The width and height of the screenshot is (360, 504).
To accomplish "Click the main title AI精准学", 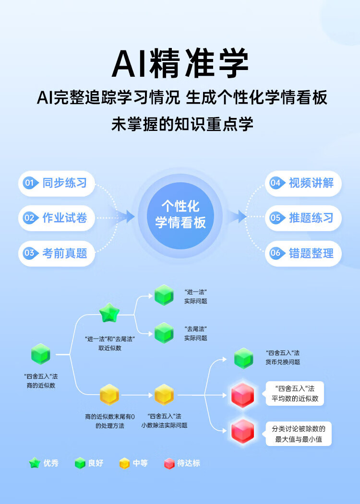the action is [x=180, y=63].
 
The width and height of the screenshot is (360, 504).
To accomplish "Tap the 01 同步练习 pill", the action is [x=57, y=183].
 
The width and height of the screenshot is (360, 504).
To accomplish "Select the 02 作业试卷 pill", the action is [x=57, y=218].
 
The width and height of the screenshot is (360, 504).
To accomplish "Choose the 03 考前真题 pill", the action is [x=57, y=253].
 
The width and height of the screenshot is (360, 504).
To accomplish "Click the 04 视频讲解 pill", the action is [x=303, y=183].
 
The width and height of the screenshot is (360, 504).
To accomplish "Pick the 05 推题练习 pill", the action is [x=303, y=218].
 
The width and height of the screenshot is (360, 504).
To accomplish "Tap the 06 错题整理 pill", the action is [x=303, y=253].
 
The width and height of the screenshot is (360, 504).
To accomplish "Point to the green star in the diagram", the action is [x=109, y=313].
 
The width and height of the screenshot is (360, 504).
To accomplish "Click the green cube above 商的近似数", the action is [x=41, y=354].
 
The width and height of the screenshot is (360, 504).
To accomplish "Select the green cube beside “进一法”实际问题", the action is [x=164, y=295].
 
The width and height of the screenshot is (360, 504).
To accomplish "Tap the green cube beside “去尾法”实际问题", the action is [x=164, y=333].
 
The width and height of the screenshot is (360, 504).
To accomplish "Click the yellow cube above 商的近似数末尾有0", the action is [x=109, y=394].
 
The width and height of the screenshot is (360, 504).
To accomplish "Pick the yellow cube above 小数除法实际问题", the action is [x=164, y=394].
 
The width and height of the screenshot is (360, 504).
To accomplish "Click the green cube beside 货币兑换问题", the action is [x=243, y=358].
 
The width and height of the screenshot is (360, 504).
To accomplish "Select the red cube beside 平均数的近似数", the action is [x=243, y=395].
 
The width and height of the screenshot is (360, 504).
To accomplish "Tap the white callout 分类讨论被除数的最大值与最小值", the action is [x=298, y=434].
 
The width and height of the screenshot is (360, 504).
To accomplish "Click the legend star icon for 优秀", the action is [x=35, y=463].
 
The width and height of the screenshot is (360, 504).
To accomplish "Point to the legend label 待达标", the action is [x=189, y=463].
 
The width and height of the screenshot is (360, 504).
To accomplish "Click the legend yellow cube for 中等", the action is [x=124, y=463].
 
